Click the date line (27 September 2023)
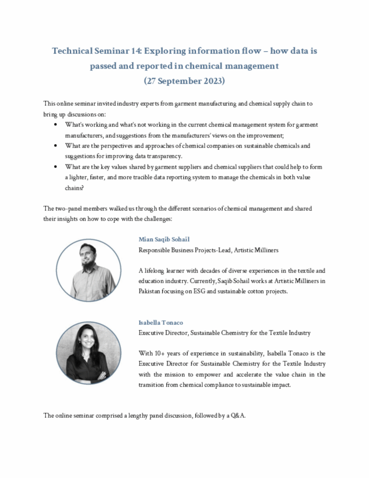coord(184,81)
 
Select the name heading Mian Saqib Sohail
coord(164,239)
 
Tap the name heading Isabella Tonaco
coord(161,322)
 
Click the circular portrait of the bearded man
coord(89,269)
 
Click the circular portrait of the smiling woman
coord(89,352)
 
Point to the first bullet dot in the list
coord(56,125)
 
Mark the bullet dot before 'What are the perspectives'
coord(56,146)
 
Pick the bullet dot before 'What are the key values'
coord(56,167)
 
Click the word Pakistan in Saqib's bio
coord(148,291)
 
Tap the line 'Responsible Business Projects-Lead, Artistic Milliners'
coord(208,250)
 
